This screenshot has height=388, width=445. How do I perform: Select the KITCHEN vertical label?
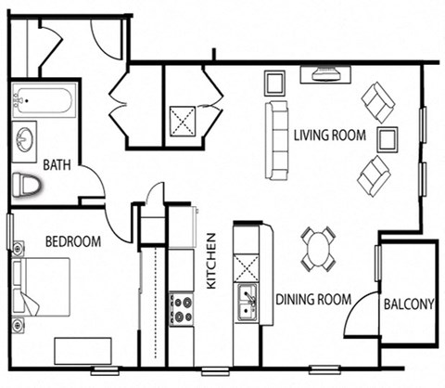point(210,260)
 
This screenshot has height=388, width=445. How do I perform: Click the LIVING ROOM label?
point(329,136)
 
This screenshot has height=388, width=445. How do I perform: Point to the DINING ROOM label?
point(313,299)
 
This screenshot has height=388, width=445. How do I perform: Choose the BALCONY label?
point(408,303)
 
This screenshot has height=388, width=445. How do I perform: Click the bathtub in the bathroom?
point(44,97)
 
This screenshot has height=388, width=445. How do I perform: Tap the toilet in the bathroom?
point(29,185)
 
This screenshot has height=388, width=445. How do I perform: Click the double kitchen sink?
point(247,302)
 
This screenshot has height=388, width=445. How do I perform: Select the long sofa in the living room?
point(276,140)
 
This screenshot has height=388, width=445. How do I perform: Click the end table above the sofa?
point(275,84)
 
